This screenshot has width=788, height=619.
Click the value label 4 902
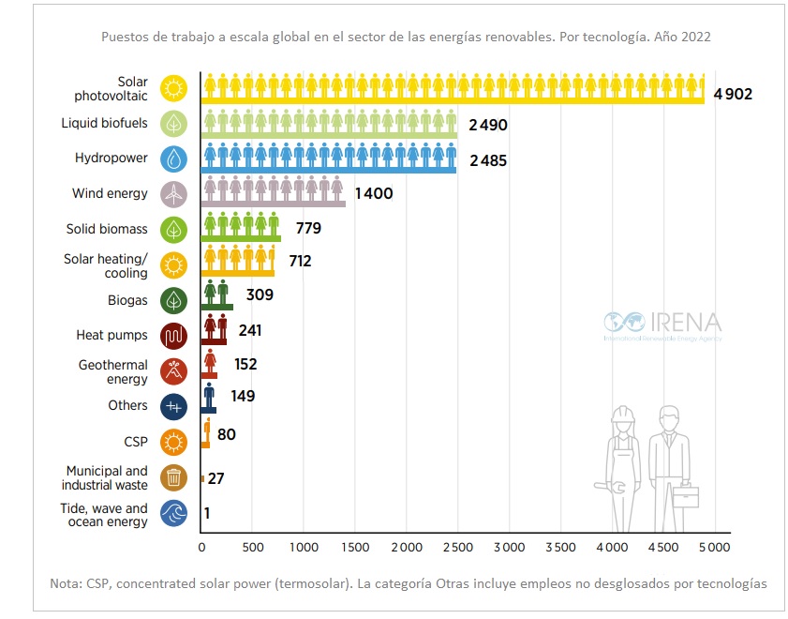pyautogui.click(x=733, y=94)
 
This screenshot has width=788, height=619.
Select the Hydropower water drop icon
pyautogui.click(x=173, y=159)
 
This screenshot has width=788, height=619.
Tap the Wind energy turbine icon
pyautogui.click(x=173, y=194)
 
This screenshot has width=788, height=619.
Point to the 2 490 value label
pyautogui.click(x=487, y=126)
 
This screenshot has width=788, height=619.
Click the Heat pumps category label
pyautogui.click(x=112, y=335)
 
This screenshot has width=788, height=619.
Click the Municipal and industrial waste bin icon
pyautogui.click(x=173, y=477)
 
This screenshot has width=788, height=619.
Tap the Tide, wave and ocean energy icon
pyautogui.click(x=173, y=514)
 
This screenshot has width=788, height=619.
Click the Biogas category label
pyautogui.click(x=127, y=300)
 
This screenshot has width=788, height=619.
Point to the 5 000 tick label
pyautogui.click(x=713, y=546)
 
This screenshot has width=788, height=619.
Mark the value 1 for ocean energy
pyautogui.click(x=207, y=513)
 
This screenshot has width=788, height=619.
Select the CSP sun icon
pyautogui.click(x=173, y=442)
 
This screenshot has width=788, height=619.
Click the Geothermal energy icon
pyautogui.click(x=173, y=371)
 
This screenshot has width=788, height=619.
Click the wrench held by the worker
pyautogui.click(x=602, y=488)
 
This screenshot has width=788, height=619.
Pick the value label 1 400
pyautogui.click(x=373, y=194)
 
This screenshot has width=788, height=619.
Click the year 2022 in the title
pyautogui.click(x=693, y=38)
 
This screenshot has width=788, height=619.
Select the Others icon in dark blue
pyautogui.click(x=173, y=406)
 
